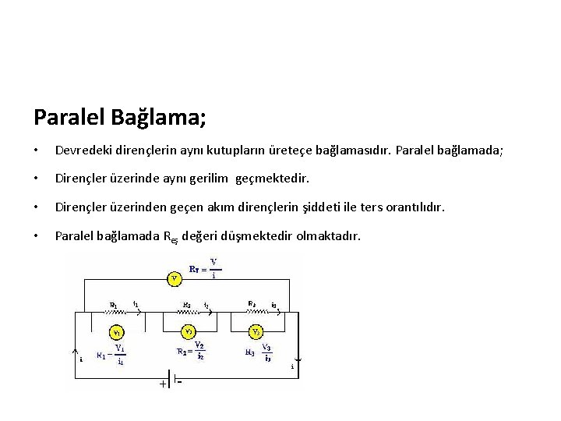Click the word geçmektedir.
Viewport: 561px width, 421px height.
pyautogui.click(x=271, y=179)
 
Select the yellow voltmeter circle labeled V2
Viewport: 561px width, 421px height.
pyautogui.click(x=189, y=331)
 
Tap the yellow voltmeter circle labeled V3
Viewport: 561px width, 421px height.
pyautogui.click(x=255, y=331)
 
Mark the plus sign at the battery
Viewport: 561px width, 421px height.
pyautogui.click(x=163, y=383)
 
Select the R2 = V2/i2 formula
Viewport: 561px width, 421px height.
pyautogui.click(x=191, y=351)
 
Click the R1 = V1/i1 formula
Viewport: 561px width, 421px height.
pyautogui.click(x=111, y=355)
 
